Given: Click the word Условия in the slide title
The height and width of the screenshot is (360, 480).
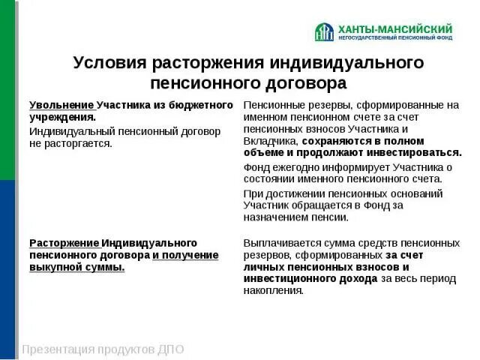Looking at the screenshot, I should [109, 62].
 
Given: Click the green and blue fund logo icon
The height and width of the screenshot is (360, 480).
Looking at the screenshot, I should [324, 31].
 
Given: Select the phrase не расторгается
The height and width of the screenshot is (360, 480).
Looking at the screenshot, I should [70, 143].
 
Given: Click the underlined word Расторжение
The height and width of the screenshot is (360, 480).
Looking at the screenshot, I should [64, 243].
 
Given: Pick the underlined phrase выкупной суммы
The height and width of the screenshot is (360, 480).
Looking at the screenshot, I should [77, 267].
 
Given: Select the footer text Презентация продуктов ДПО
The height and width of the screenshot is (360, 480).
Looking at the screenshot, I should [103, 349].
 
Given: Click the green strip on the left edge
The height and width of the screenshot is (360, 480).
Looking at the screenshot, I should [7, 90].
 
